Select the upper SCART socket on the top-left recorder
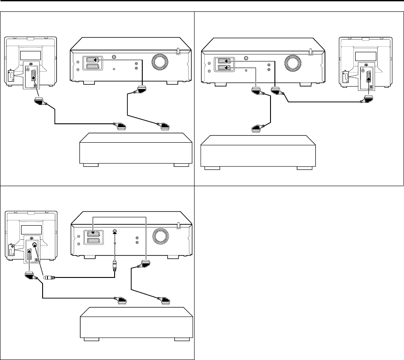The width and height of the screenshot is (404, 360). (x=93, y=60)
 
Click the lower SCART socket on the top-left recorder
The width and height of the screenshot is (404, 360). (x=93, y=67)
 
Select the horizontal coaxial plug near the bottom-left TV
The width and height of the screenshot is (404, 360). (x=49, y=277)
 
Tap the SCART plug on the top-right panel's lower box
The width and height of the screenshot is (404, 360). (x=256, y=128)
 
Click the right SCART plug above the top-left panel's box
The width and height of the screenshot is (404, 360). (x=163, y=127)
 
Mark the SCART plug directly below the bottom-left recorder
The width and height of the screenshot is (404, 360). (x=144, y=265)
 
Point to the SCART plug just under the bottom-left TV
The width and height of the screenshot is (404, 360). (x=29, y=276)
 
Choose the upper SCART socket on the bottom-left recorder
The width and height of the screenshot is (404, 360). (x=93, y=235)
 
